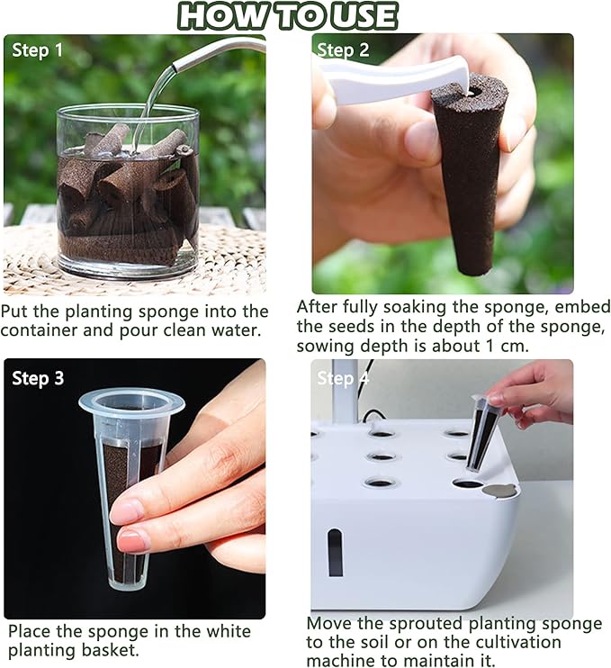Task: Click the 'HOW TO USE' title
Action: [x=288, y=16]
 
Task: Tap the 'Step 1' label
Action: [x=37, y=50]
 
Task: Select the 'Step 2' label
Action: [x=343, y=50]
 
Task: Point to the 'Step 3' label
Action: [x=37, y=378]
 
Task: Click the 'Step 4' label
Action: [x=343, y=379]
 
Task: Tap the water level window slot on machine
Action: [x=335, y=552]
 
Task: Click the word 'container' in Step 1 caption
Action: [x=43, y=330]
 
